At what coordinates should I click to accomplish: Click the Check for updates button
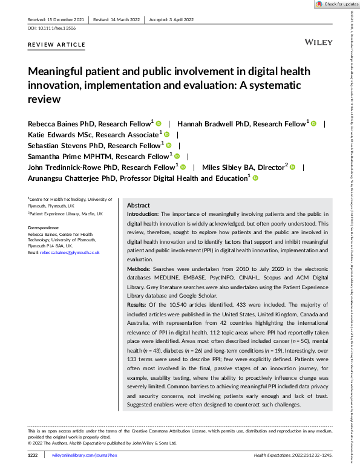pyautogui.click(x=336, y=4)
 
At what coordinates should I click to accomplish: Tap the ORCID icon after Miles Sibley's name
pyautogui.click(x=292, y=167)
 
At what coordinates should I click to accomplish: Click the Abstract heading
pyautogui.click(x=139, y=205)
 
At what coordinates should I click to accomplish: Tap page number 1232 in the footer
pyautogui.click(x=34, y=454)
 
